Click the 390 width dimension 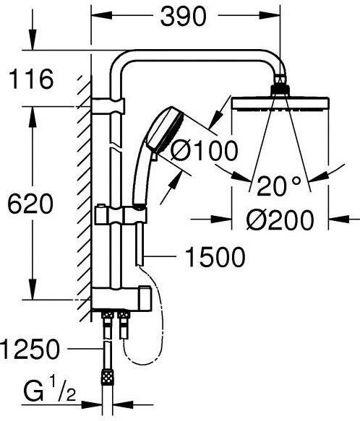pyautogui.click(x=184, y=17)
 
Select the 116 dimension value pyautogui.click(x=31, y=79)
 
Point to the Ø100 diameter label pyautogui.click(x=204, y=151)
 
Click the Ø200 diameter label pyautogui.click(x=280, y=220)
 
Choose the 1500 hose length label pyautogui.click(x=215, y=257)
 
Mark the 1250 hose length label pyautogui.click(x=30, y=349)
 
